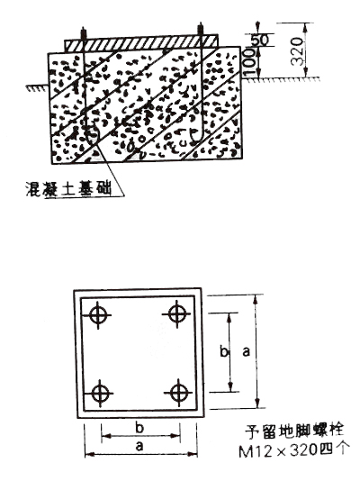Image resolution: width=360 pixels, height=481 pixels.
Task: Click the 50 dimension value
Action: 260,40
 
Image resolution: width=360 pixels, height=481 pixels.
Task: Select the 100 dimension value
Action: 249,62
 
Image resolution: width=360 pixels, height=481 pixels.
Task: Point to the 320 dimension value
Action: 297,51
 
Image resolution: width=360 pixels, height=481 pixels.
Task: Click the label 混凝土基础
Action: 68,188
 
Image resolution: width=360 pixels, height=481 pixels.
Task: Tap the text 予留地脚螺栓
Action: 294,431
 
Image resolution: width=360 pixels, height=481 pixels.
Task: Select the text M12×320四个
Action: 293,450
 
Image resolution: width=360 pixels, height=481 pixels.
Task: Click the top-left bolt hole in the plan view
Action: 98,315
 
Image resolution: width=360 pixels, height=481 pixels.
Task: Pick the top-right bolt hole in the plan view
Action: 176,314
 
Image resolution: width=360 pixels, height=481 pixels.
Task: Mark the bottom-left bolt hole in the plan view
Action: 100,394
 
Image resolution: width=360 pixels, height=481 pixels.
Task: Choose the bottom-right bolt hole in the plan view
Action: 178,393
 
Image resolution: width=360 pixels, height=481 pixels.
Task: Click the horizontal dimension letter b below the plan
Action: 139,427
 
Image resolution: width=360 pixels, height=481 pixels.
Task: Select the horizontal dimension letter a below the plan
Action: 139,446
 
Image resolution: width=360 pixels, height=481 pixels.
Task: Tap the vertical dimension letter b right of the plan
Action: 224,351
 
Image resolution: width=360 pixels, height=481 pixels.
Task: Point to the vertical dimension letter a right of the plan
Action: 246,352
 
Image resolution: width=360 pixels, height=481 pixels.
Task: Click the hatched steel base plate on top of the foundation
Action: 141,43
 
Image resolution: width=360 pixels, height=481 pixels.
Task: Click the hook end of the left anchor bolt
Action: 92,136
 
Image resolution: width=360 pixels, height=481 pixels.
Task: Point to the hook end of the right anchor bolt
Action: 195,137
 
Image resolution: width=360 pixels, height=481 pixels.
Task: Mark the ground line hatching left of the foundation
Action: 37,87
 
